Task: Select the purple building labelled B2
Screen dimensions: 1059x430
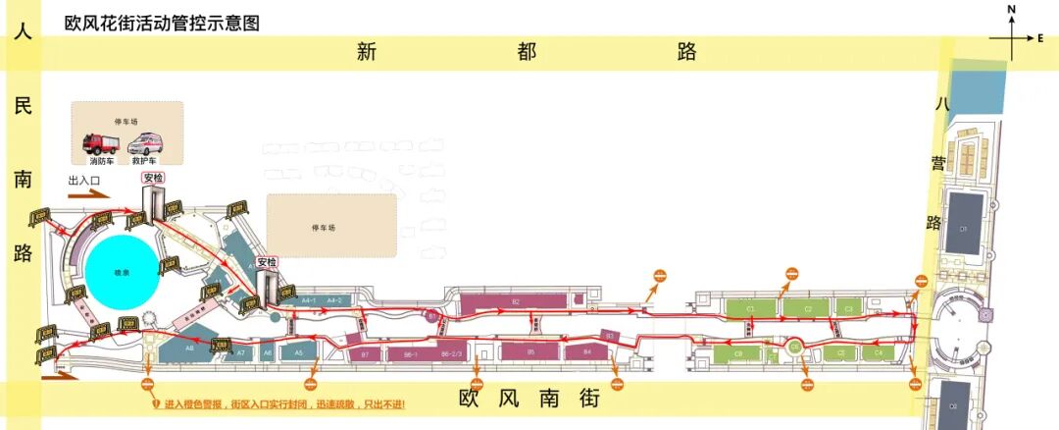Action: point(516,302)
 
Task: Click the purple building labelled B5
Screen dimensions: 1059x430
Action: point(529,350)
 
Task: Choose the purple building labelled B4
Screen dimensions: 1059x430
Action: point(587,350)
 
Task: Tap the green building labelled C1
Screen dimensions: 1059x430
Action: point(751,308)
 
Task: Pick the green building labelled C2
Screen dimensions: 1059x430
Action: point(808,308)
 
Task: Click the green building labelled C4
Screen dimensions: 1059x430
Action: point(878,351)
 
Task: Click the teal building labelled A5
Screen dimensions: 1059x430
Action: point(299,350)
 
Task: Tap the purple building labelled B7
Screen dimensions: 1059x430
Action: point(365,352)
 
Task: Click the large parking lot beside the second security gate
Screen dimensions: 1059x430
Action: point(331,225)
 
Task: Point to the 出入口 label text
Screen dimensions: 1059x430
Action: point(86,182)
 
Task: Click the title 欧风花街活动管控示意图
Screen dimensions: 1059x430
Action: point(162,23)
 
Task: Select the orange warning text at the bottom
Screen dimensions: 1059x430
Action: point(284,404)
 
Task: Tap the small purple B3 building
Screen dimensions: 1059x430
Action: point(609,336)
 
